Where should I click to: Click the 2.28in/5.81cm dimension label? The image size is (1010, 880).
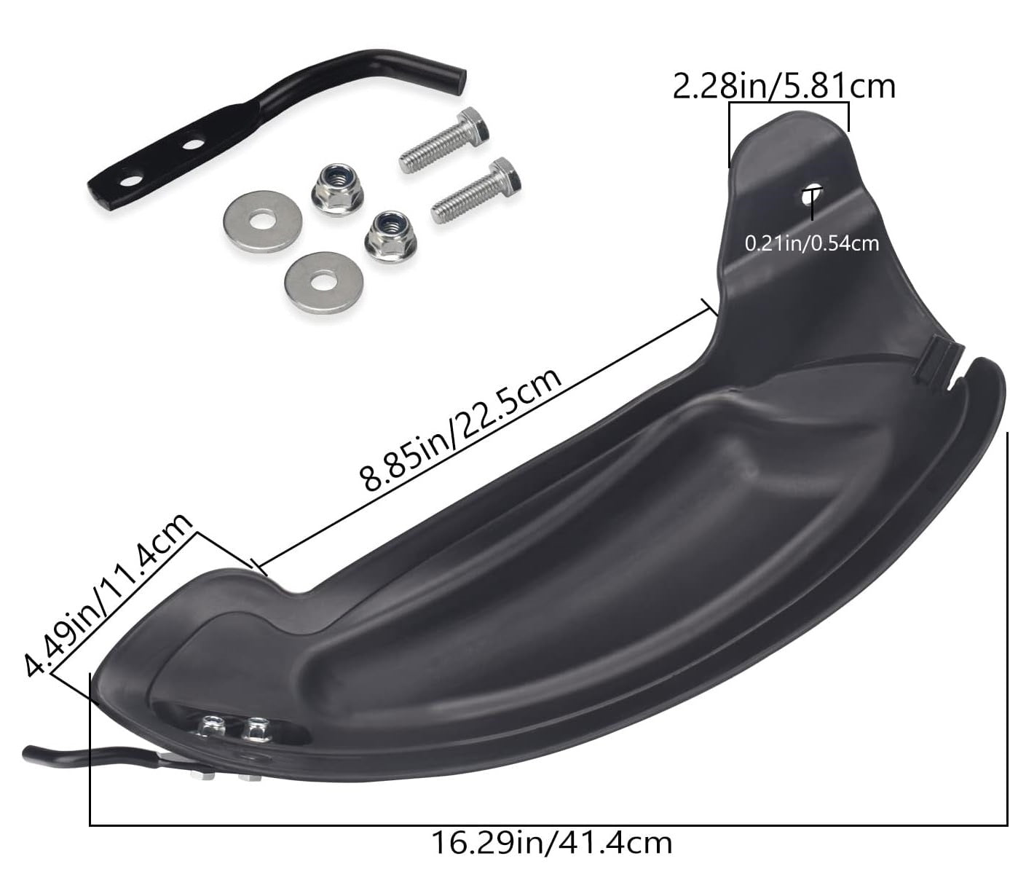[x=784, y=87]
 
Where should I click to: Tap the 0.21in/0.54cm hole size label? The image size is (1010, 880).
[x=811, y=244]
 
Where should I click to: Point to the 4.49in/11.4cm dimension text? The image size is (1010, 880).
[x=108, y=595]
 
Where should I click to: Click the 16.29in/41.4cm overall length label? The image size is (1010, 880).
[x=552, y=843]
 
